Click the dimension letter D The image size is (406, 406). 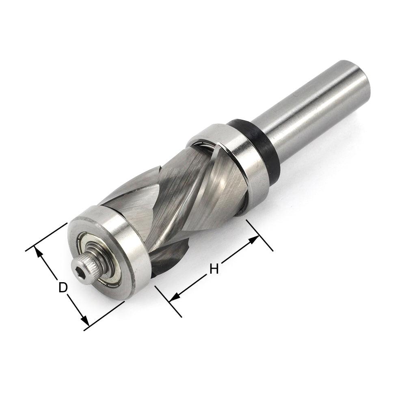(62, 287)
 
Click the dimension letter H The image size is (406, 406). (214, 268)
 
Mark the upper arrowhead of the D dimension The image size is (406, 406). (39, 253)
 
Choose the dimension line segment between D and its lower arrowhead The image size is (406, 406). (75, 307)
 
